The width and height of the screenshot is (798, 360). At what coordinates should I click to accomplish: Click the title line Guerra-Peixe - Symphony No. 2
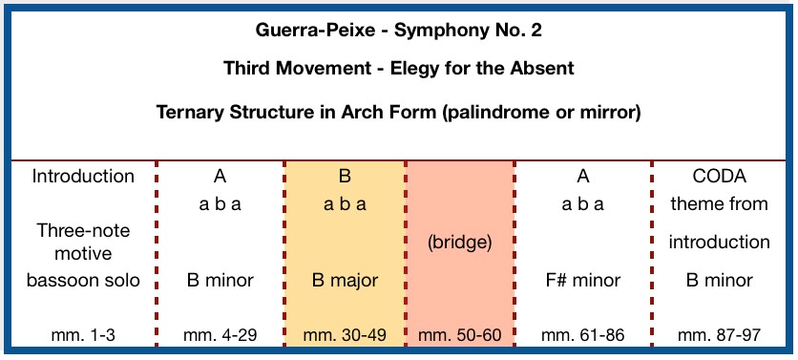tap(398, 31)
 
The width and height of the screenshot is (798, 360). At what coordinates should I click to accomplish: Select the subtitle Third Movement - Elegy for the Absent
tap(398, 68)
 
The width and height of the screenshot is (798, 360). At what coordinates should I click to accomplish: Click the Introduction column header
tap(83, 177)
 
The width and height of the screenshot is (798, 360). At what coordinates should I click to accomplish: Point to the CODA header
tap(719, 177)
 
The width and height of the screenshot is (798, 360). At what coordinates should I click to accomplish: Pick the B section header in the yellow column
tap(345, 177)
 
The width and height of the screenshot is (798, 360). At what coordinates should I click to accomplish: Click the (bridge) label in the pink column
tap(459, 243)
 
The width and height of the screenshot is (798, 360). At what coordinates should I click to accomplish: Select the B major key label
tap(345, 280)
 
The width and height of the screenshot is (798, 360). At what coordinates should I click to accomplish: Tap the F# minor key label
tap(582, 280)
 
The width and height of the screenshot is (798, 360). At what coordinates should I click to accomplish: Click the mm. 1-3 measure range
tap(83, 335)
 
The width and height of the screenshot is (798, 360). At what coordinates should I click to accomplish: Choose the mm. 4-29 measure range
tap(220, 335)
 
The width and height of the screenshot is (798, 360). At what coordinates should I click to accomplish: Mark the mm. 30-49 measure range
tap(345, 335)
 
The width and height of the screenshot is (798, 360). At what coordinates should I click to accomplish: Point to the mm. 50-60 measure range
tap(459, 335)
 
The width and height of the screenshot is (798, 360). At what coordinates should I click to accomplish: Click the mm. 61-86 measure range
tap(582, 335)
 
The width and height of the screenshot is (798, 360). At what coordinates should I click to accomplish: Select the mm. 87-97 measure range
tap(719, 335)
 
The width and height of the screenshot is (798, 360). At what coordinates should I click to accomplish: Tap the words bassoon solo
tap(83, 280)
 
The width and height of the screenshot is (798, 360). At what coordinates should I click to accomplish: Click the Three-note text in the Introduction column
tap(83, 231)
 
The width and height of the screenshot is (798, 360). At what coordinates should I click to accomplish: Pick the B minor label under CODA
tap(719, 280)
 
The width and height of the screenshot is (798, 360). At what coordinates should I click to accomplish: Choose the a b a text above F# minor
tap(582, 204)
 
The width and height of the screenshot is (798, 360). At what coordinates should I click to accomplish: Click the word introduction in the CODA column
tap(719, 243)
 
